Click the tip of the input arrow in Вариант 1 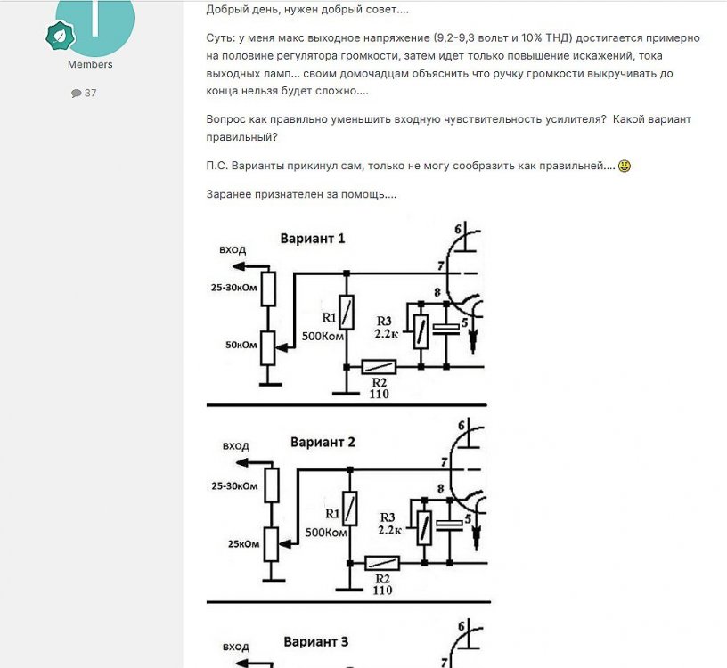[x=232, y=266]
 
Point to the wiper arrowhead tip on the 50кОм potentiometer [x=275, y=346]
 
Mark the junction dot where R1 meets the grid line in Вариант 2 [x=350, y=470]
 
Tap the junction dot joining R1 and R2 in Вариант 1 [x=347, y=367]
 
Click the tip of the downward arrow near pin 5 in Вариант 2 [x=476, y=550]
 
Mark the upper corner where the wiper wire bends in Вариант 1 [x=294, y=274]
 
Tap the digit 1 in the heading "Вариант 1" [x=341, y=239]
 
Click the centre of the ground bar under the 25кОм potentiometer [x=274, y=581]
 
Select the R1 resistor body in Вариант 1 [x=347, y=312]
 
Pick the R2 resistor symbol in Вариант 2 [x=382, y=563]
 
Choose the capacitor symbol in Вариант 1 [x=446, y=330]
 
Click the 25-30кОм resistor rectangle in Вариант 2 [x=272, y=485]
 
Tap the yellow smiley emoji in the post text [x=625, y=166]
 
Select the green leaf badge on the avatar [x=61, y=36]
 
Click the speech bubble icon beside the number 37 [x=76, y=94]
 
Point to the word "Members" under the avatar [x=90, y=64]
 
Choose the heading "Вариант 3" [x=315, y=641]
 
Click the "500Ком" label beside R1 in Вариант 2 [x=326, y=533]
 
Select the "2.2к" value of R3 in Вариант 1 [x=387, y=334]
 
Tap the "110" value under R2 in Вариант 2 [x=382, y=591]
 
